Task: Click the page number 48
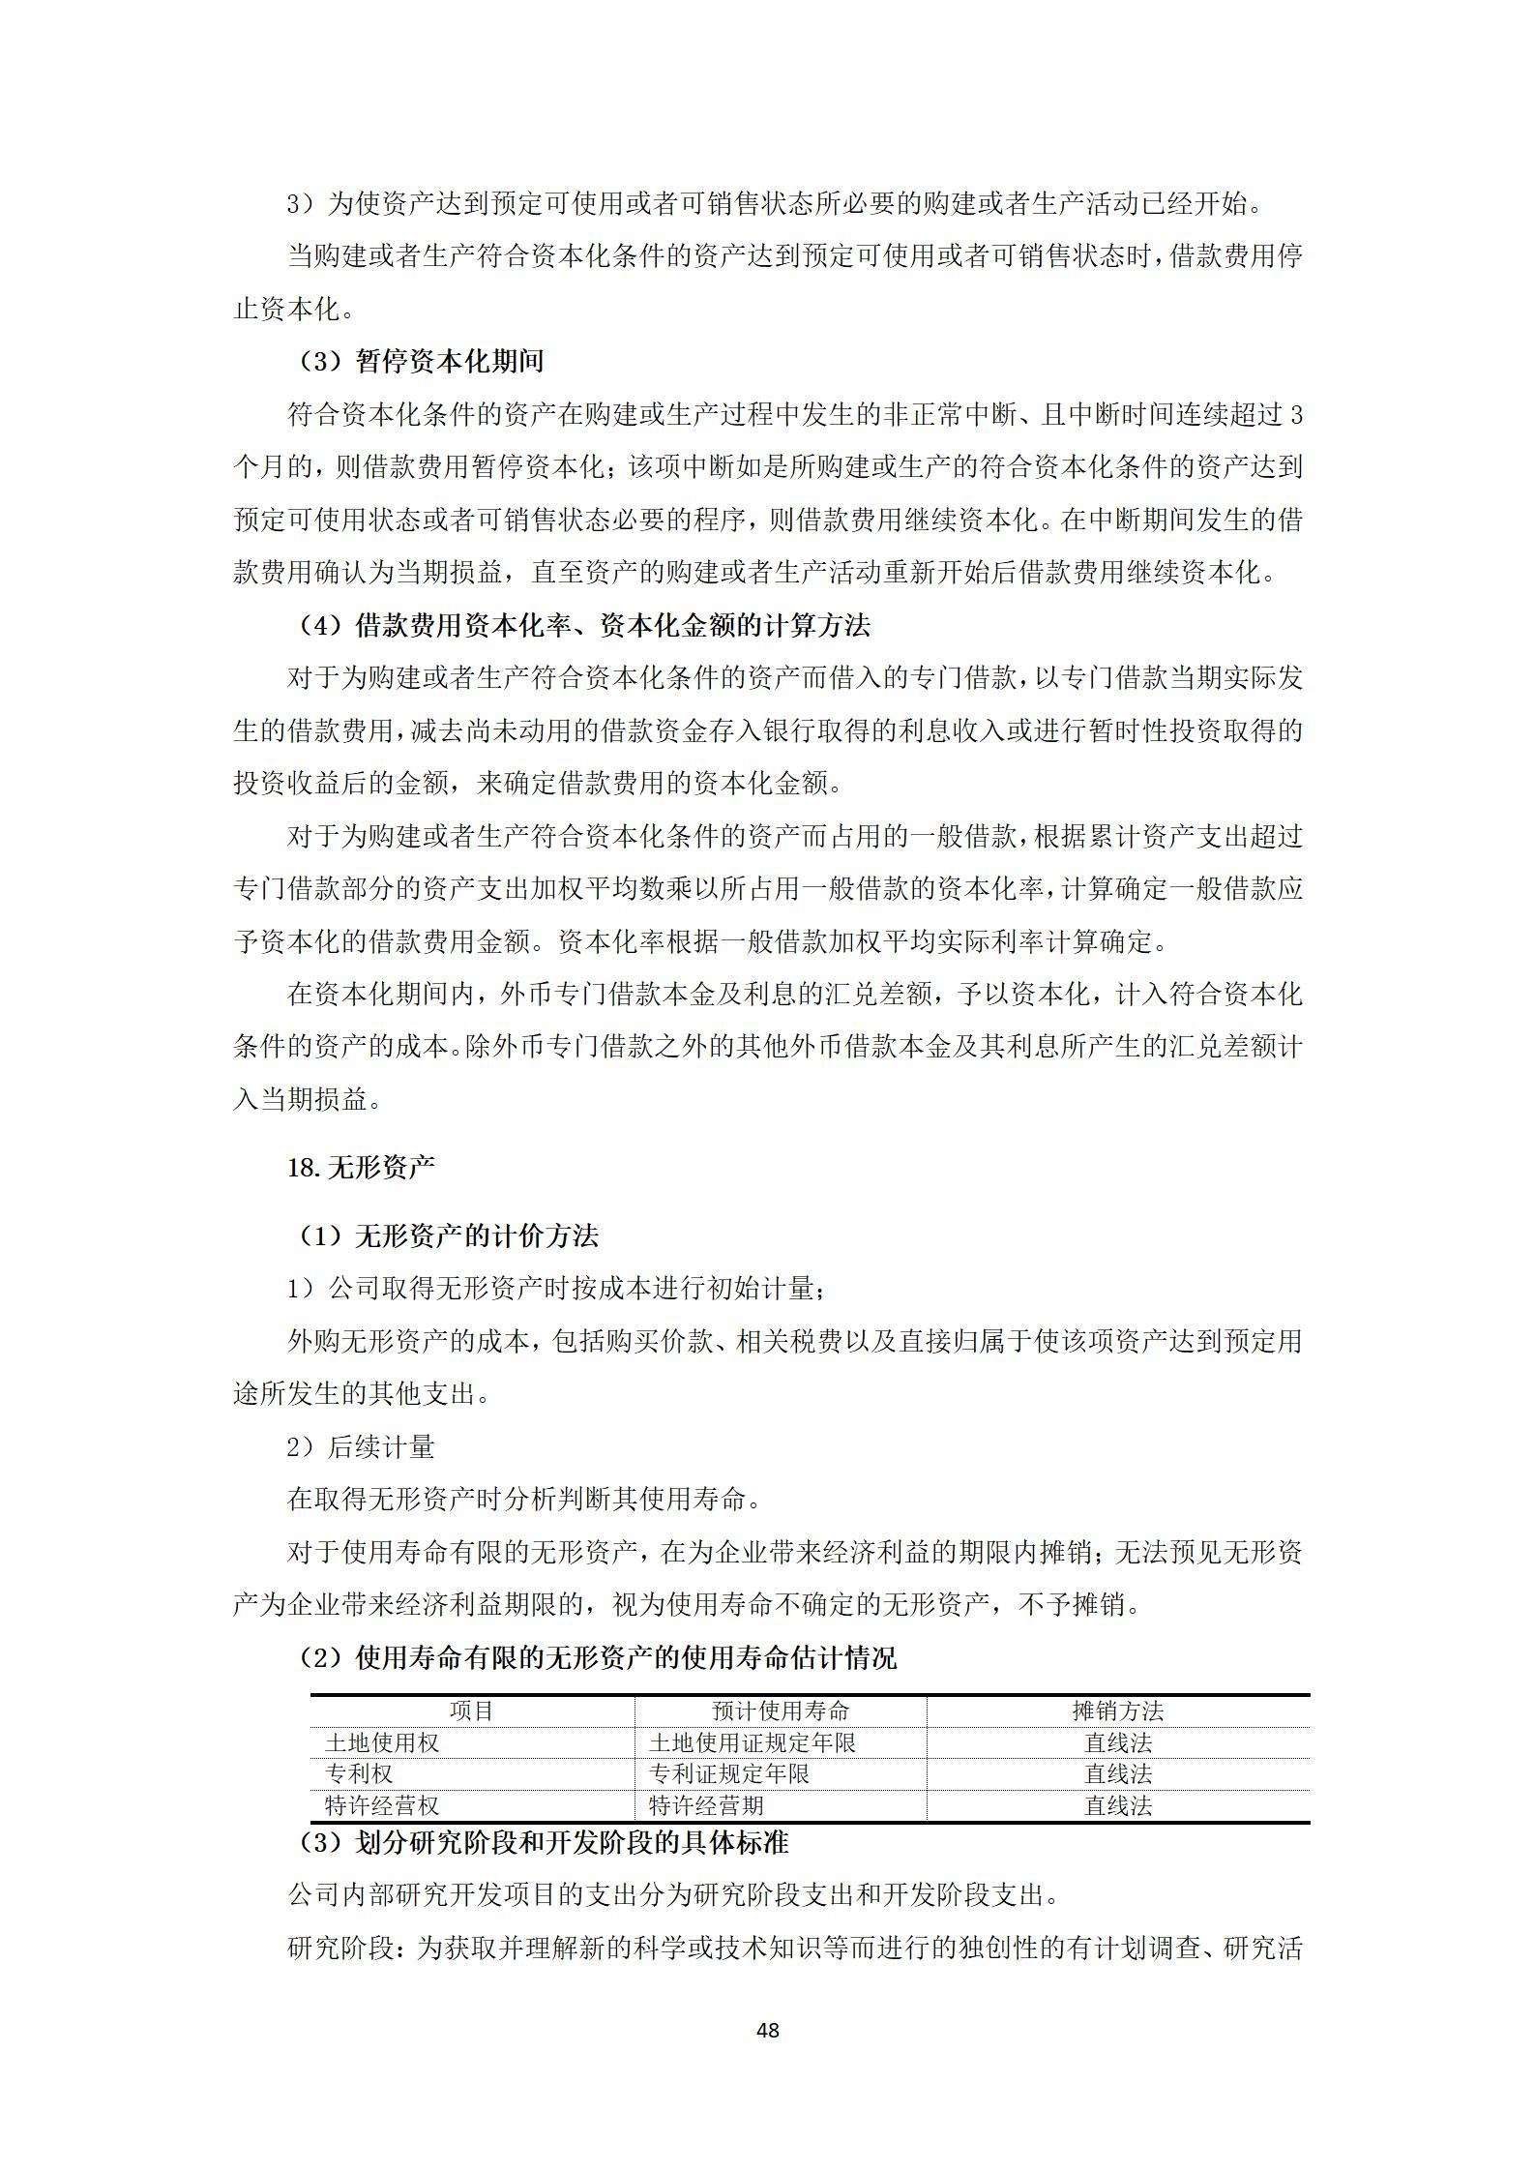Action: point(767,2030)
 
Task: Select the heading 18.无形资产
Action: point(361,1168)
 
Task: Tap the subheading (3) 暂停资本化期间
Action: point(421,362)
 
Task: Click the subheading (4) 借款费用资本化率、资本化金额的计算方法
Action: point(583,626)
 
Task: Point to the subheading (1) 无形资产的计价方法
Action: point(448,1235)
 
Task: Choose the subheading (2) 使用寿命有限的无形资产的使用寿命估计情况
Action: point(597,1657)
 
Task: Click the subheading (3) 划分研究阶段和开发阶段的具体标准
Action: point(543,1842)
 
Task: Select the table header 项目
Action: point(472,1711)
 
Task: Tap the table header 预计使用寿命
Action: point(780,1711)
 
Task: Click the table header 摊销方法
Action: point(1117,1711)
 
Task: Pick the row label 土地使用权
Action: point(382,1742)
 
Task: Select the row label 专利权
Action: point(359,1773)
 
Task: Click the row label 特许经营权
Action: point(382,1805)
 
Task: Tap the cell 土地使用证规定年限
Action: point(753,1742)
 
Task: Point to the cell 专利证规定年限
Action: point(729,1773)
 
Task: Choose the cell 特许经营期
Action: point(706,1805)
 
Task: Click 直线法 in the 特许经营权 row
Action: point(1117,1805)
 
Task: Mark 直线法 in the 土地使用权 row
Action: point(1117,1742)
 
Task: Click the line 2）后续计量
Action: point(361,1447)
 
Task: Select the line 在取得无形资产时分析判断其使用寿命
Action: point(523,1500)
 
